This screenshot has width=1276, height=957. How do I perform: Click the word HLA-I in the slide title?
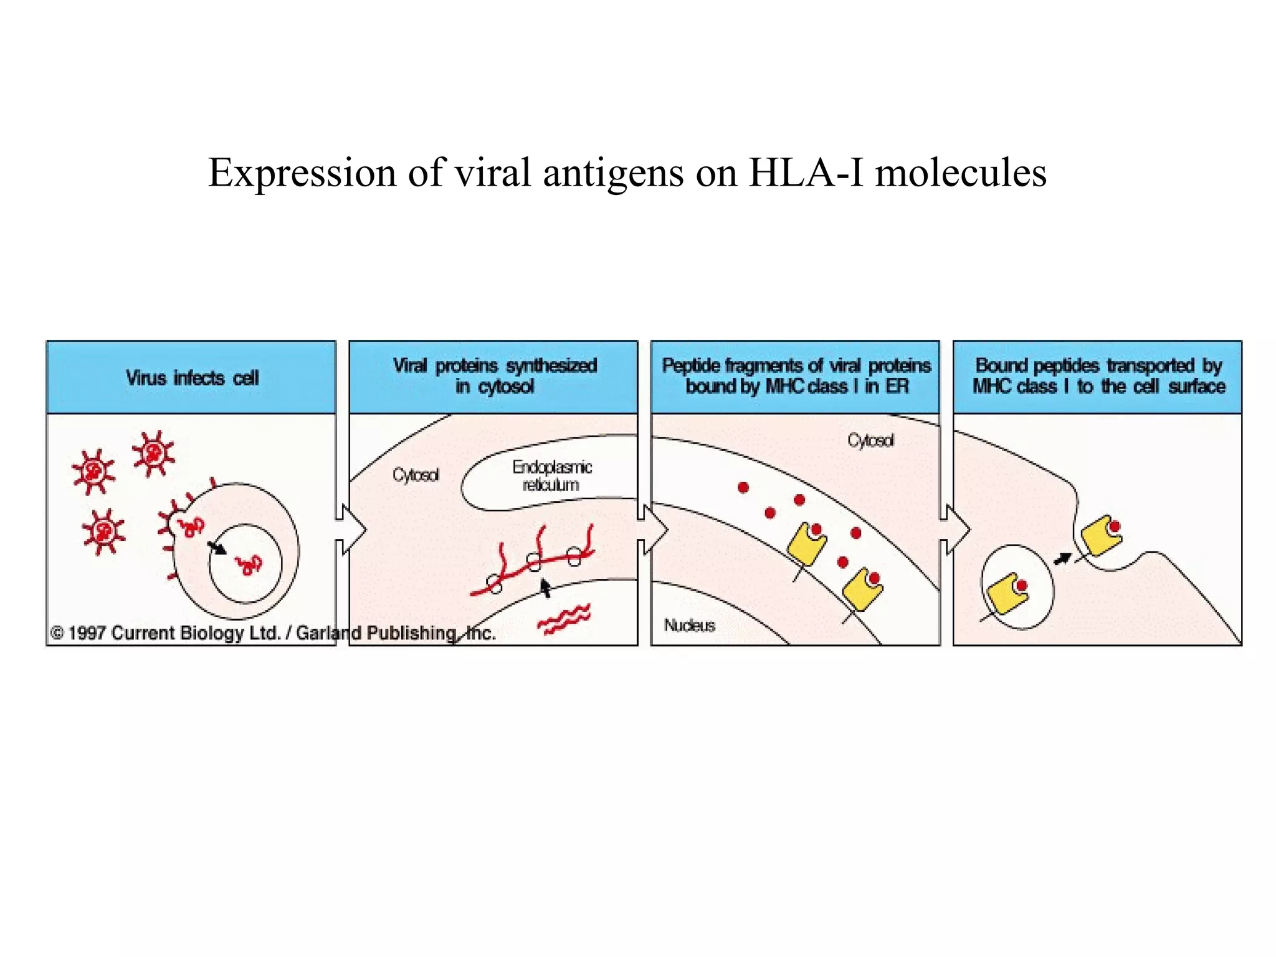(805, 173)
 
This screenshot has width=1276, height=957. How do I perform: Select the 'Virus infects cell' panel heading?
(192, 378)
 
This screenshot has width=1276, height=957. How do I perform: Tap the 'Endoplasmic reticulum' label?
(551, 475)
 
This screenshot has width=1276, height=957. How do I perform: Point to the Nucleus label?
(689, 625)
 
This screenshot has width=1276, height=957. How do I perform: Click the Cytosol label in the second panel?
(416, 475)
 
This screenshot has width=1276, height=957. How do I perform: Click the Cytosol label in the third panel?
(870, 440)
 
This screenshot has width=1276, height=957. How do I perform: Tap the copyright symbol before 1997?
(57, 633)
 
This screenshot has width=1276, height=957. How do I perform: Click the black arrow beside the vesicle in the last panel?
(1062, 558)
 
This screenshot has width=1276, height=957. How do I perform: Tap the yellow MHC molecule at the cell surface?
(1100, 535)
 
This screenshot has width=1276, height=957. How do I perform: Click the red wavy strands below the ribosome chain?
(564, 619)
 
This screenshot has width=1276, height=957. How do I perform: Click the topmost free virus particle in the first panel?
(153, 453)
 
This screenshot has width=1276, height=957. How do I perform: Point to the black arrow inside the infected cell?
(216, 547)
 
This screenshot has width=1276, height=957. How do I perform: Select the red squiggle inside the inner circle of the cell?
(249, 564)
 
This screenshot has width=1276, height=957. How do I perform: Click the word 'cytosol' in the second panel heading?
(505, 387)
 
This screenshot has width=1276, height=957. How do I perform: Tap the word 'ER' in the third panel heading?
(897, 386)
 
